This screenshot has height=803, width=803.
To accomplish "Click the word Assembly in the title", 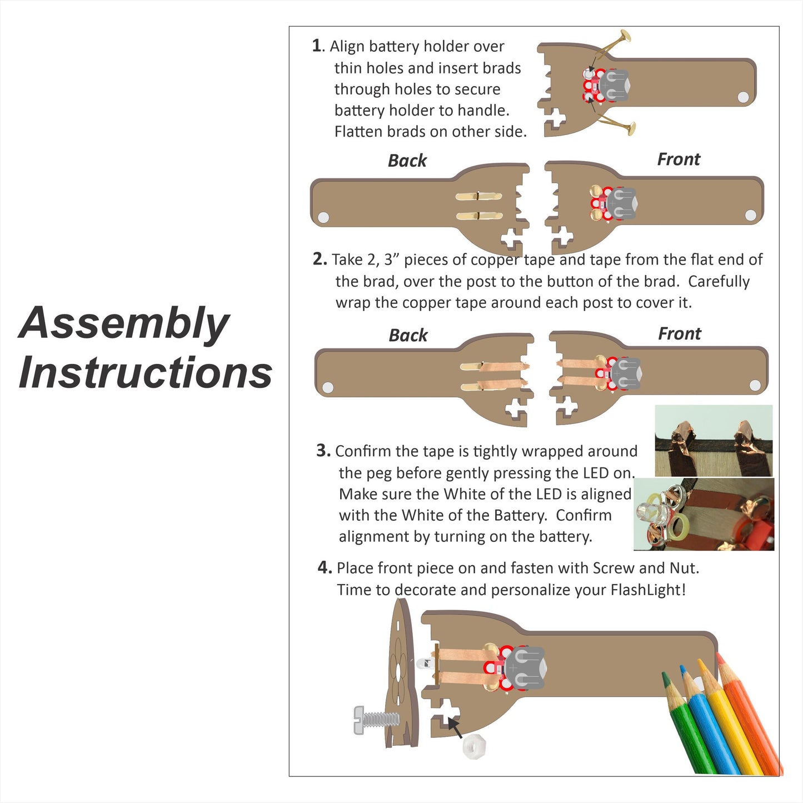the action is click(x=124, y=324).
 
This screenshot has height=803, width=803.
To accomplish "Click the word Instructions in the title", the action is click(x=146, y=372).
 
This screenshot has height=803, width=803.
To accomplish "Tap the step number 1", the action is click(x=317, y=46).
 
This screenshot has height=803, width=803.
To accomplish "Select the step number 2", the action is click(x=319, y=259).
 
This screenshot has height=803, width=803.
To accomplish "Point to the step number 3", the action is click(x=322, y=451).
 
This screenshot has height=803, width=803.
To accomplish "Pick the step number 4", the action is click(x=324, y=567).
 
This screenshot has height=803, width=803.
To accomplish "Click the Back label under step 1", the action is click(x=407, y=161).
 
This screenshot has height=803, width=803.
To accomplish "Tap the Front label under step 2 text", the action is click(x=679, y=333).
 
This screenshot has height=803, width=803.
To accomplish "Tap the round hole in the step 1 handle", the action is click(x=743, y=97).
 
